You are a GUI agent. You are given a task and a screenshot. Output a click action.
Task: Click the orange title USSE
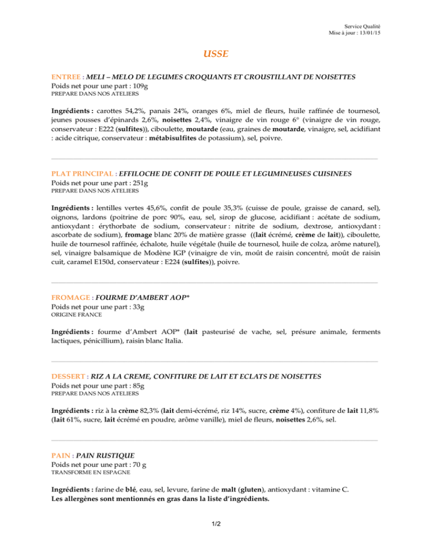click(216, 55)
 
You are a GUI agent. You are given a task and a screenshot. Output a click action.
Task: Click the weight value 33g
click(138, 306)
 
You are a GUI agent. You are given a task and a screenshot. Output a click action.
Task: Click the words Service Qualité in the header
click(362, 26)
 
